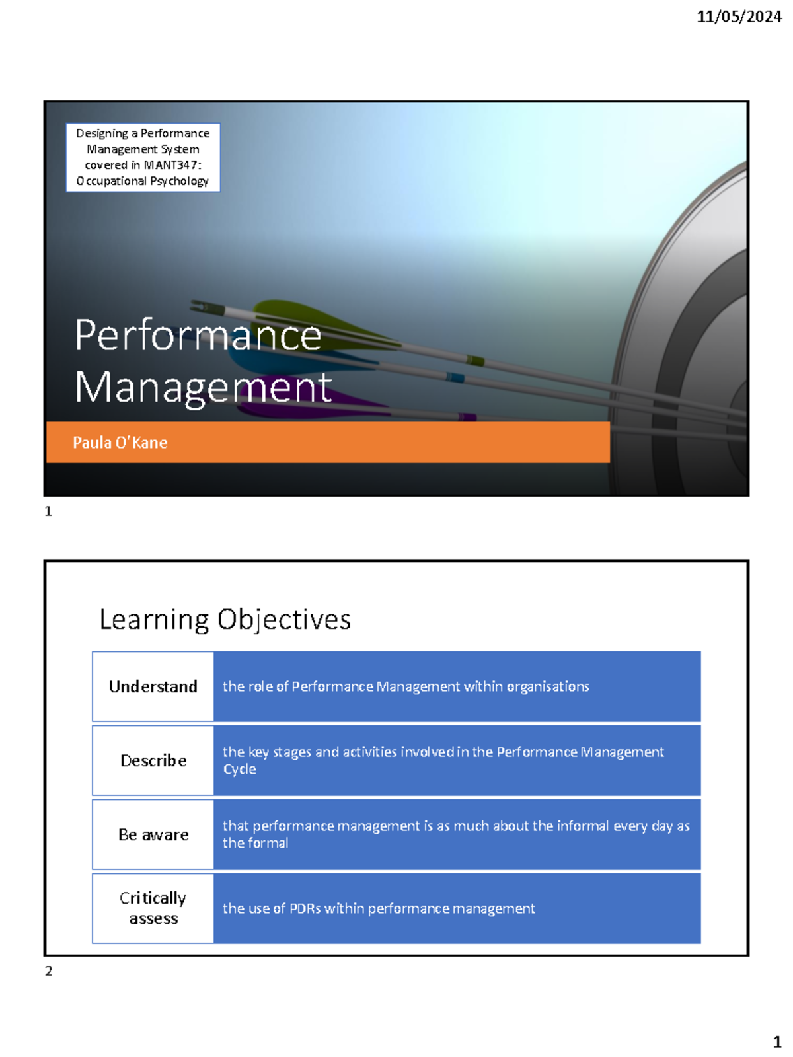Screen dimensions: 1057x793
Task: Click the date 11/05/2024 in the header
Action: point(739,17)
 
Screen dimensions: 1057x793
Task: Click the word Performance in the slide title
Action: point(198,335)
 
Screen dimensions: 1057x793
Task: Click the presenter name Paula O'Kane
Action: point(120,443)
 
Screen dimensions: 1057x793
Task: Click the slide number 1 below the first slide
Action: point(48,511)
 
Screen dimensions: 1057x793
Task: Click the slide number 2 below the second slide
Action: point(48,971)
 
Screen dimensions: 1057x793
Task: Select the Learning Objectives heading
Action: point(225,620)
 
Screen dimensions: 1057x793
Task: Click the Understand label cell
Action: point(153,687)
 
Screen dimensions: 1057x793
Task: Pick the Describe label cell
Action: point(153,761)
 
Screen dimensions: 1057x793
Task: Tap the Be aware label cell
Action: point(153,835)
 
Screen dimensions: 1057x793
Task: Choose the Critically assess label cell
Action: point(153,908)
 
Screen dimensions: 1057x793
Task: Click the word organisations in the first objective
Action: point(548,687)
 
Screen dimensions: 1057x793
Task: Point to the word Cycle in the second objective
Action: point(239,770)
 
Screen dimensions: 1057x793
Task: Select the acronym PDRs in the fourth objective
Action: point(305,909)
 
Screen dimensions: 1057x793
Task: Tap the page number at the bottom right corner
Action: point(777,1042)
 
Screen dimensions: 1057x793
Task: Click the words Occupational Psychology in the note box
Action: point(143,181)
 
